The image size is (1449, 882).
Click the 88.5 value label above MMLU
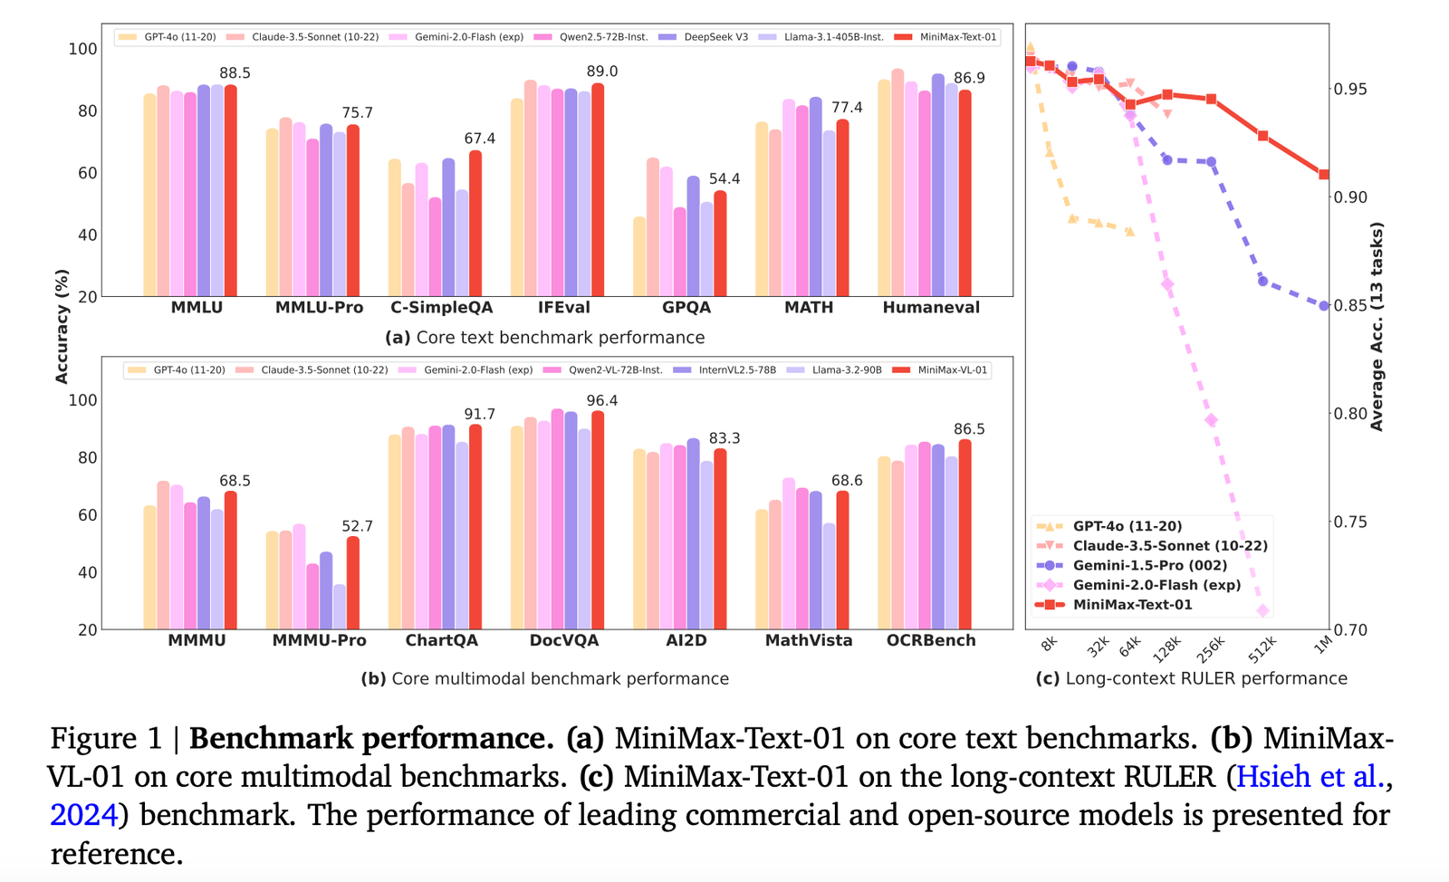pyautogui.click(x=235, y=73)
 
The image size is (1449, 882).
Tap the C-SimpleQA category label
pyautogui.click(x=442, y=308)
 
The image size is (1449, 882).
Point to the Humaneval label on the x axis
pyautogui.click(x=931, y=308)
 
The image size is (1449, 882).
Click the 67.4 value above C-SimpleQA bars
pyautogui.click(x=479, y=139)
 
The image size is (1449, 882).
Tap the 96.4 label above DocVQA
pyautogui.click(x=602, y=400)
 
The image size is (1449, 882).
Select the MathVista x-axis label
pyautogui.click(x=809, y=640)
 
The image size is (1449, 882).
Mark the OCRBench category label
pyautogui.click(x=931, y=640)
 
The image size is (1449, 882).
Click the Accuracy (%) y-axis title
pyautogui.click(x=62, y=326)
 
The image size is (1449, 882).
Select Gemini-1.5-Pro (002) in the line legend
pyautogui.click(x=1149, y=565)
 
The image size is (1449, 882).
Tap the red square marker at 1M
pyautogui.click(x=1324, y=175)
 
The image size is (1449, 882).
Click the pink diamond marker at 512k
pyautogui.click(x=1263, y=611)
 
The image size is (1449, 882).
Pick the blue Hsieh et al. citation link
pyautogui.click(x=1310, y=777)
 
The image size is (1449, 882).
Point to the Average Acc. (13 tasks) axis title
pyautogui.click(x=1377, y=326)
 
